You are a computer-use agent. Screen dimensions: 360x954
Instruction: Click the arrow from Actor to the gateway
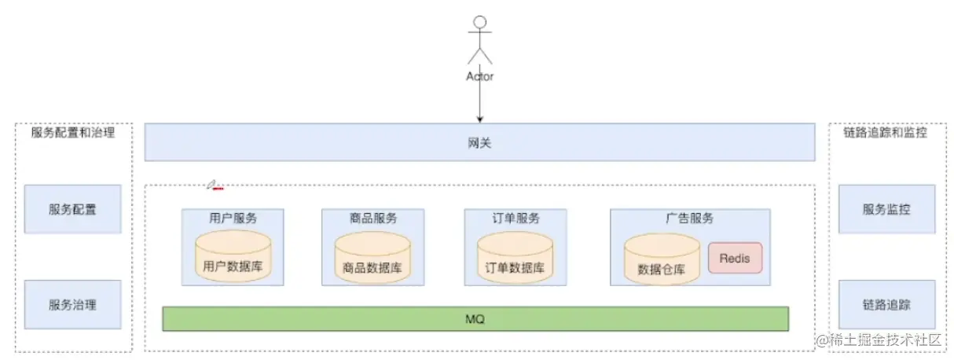(x=479, y=102)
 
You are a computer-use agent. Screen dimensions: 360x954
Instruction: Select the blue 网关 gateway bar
(x=479, y=142)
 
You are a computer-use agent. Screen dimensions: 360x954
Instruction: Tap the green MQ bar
(x=475, y=319)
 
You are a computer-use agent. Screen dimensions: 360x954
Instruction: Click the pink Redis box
(x=735, y=258)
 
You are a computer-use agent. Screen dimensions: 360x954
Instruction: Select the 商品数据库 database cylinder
(x=372, y=257)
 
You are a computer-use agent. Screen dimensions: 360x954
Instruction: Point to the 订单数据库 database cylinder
(x=515, y=257)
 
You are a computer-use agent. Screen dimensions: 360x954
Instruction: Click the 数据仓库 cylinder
(x=661, y=259)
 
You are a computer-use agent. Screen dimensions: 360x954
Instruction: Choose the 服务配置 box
(x=73, y=209)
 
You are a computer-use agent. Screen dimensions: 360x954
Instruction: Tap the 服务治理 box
(x=73, y=304)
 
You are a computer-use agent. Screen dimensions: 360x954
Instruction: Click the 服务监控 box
(x=886, y=209)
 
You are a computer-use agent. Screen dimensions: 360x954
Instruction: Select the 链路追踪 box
(x=886, y=304)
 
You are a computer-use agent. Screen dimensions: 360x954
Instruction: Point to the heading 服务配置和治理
(x=73, y=133)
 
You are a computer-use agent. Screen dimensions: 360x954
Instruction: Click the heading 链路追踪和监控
(x=886, y=133)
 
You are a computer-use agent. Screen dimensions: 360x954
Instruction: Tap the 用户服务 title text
(x=233, y=218)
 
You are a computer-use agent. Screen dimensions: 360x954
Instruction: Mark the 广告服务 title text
(x=689, y=218)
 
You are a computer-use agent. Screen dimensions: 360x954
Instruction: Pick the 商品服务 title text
(x=373, y=218)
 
